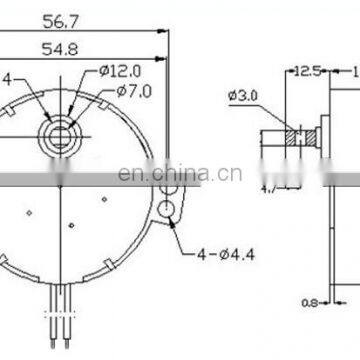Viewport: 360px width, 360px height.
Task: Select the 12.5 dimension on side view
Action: [x=307, y=71]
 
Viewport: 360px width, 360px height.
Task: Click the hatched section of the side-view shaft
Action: [x=296, y=135]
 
